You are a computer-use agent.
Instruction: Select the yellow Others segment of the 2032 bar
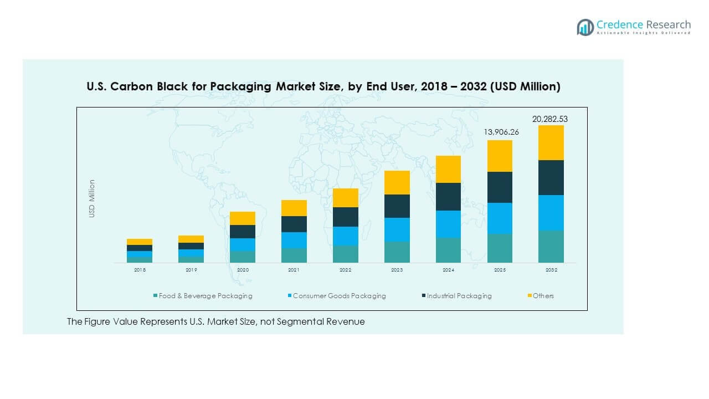tap(551, 142)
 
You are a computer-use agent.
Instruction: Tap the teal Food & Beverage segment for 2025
tap(500, 248)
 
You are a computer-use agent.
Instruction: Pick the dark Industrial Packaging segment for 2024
tap(448, 196)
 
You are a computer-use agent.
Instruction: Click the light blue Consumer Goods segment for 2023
tap(397, 229)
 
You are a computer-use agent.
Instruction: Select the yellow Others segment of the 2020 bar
tap(242, 218)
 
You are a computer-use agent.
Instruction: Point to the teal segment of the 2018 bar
tap(139, 259)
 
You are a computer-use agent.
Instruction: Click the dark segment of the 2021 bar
tap(294, 224)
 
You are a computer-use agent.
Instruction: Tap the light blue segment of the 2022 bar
tap(345, 236)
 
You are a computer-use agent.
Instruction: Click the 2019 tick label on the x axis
tap(191, 270)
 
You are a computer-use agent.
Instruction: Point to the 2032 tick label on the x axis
tap(551, 270)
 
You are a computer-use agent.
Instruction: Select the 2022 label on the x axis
tap(345, 270)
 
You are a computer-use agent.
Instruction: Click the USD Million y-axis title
tap(92, 198)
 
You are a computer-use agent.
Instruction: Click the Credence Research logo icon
tap(585, 27)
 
